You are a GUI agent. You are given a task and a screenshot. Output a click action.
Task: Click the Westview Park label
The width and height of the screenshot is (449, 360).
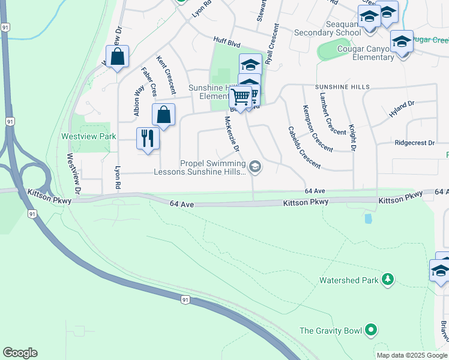[x=88, y=136]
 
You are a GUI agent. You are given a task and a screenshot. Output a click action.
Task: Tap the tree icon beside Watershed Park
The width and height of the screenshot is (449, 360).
[x=388, y=280]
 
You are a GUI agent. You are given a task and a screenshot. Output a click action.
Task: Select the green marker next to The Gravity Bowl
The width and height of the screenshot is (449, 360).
[x=371, y=330]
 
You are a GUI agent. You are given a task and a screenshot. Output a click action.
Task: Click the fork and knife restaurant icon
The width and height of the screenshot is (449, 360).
[x=147, y=139]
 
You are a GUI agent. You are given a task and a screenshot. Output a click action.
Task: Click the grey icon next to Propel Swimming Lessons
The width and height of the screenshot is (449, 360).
[x=255, y=167]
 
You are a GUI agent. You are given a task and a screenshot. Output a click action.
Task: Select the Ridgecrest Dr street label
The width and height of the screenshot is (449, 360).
[x=415, y=143]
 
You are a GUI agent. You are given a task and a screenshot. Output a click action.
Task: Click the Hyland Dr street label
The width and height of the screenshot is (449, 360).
[x=402, y=108]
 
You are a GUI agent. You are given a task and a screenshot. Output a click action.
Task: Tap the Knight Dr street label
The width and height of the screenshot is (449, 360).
[x=352, y=137]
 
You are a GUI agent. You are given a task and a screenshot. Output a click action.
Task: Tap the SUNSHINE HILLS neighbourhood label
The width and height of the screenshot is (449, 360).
[x=342, y=87]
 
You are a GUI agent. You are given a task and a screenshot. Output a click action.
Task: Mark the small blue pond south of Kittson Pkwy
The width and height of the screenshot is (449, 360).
[x=368, y=218]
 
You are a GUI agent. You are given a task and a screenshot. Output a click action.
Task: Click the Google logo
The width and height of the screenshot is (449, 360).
[x=20, y=353]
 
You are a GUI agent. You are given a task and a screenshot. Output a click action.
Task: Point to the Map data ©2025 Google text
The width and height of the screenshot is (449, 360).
[x=411, y=355]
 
